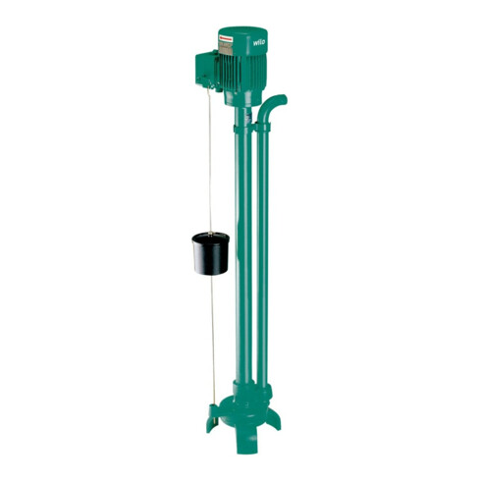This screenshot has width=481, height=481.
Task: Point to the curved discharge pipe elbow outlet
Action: [x=277, y=100]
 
